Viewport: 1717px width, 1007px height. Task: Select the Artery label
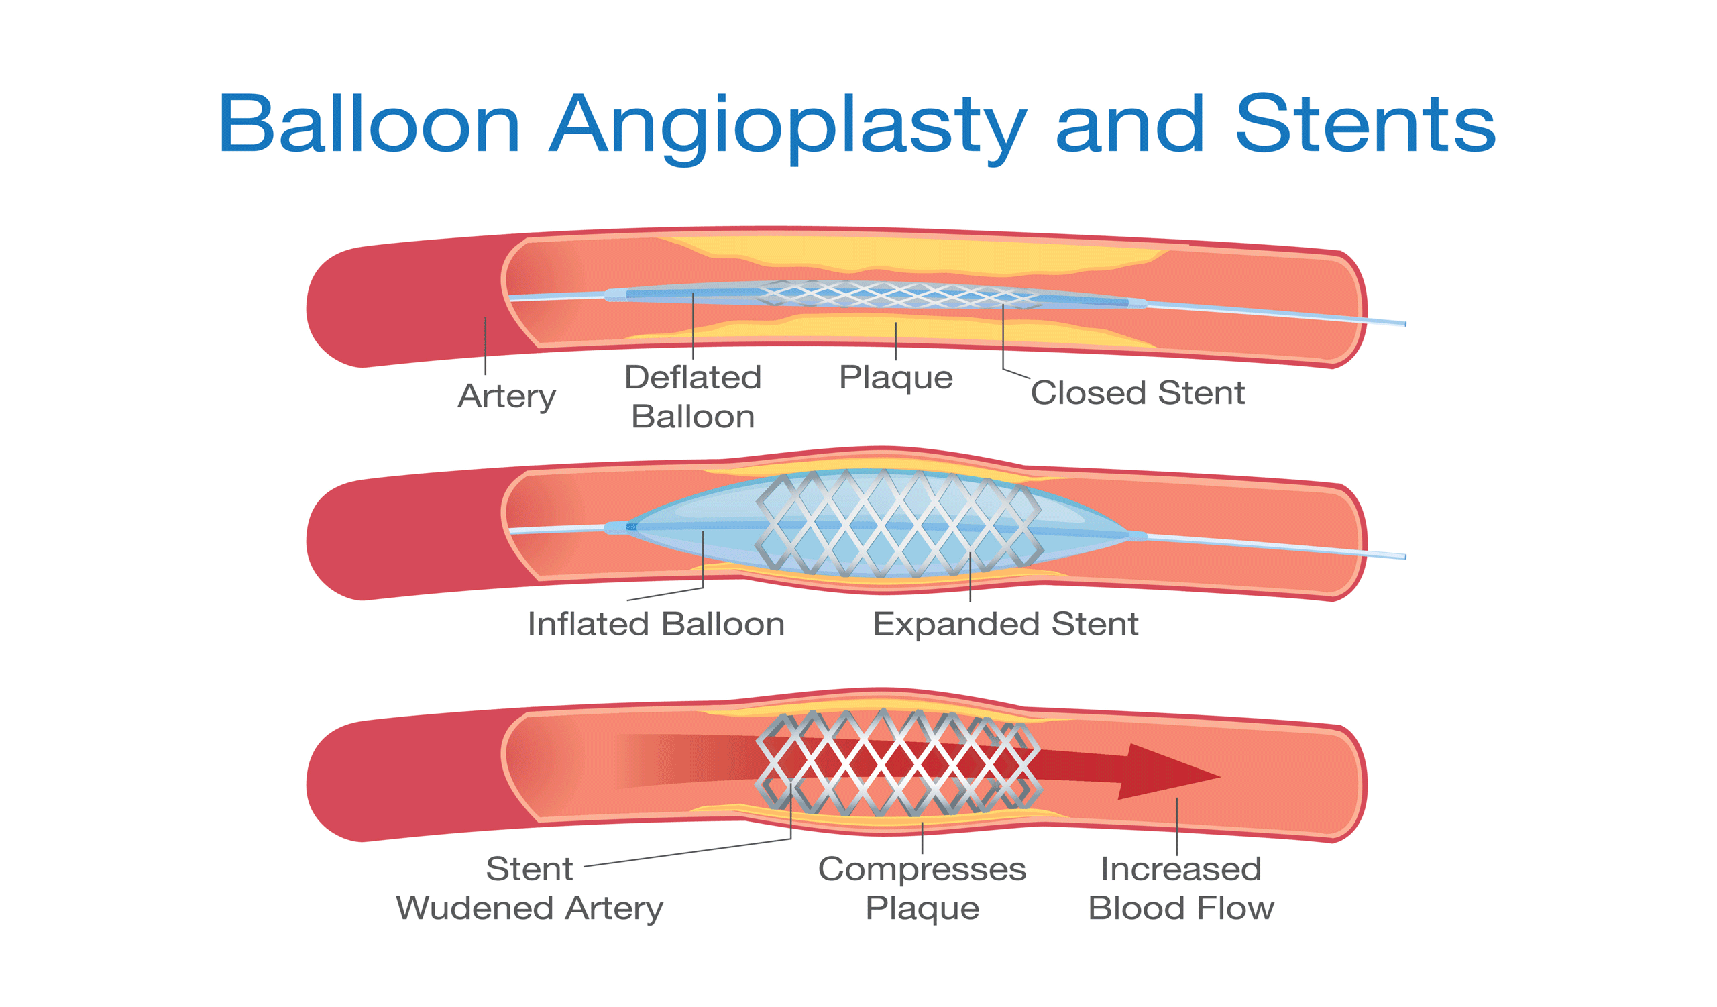pyautogui.click(x=506, y=396)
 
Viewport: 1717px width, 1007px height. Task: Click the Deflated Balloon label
pyautogui.click(x=693, y=396)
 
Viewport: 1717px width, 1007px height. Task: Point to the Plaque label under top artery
pyautogui.click(x=895, y=377)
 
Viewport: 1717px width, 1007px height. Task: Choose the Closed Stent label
pyautogui.click(x=1137, y=392)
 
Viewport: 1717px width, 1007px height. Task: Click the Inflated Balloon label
pyautogui.click(x=655, y=623)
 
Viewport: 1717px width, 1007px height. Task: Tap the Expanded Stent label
pyautogui.click(x=1005, y=623)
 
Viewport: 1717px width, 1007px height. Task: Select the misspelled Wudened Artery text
pyautogui.click(x=529, y=908)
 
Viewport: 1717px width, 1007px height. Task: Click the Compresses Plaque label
pyautogui.click(x=922, y=888)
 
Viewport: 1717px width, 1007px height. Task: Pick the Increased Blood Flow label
pyautogui.click(x=1181, y=888)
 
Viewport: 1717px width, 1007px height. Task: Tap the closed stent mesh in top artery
pyautogui.click(x=899, y=295)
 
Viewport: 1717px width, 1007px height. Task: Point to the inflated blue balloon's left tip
pyautogui.click(x=631, y=527)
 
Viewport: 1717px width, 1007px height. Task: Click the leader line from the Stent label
pyautogui.click(x=688, y=851)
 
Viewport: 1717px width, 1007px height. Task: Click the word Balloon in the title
pyautogui.click(x=369, y=125)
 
